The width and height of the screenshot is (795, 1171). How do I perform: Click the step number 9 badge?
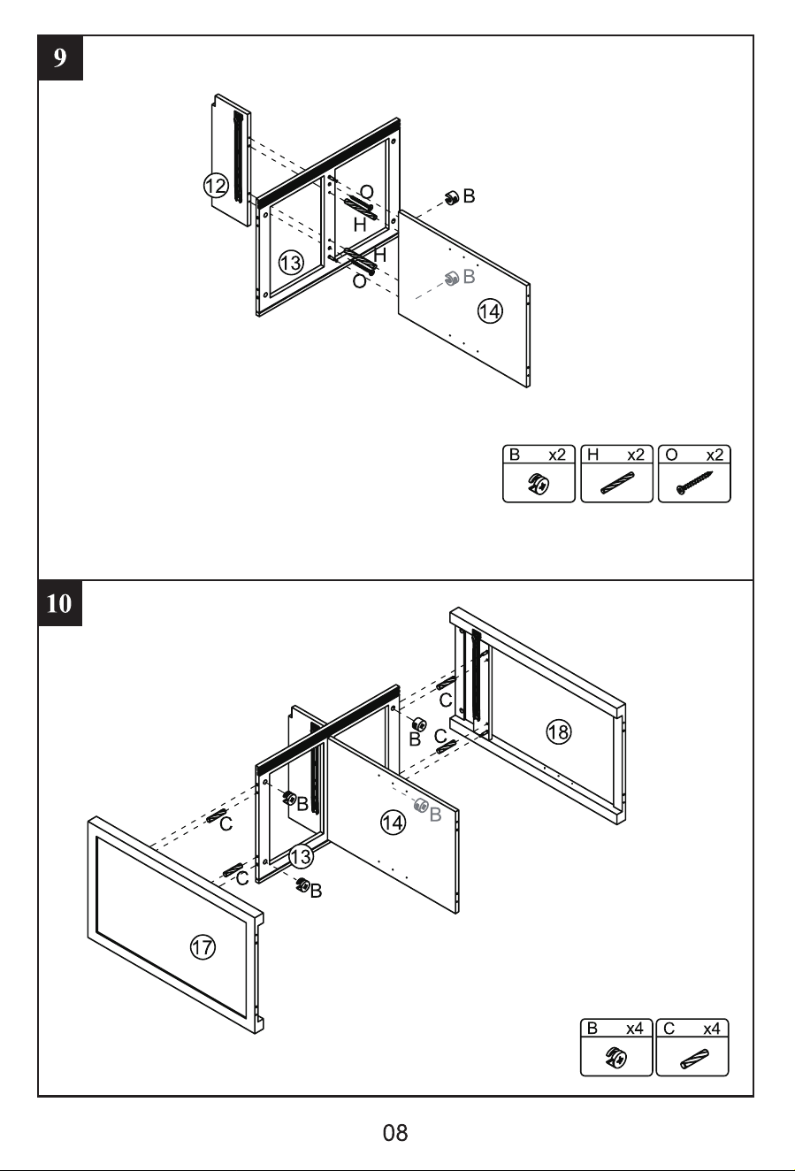[60, 57]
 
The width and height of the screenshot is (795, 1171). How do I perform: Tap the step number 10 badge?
[59, 603]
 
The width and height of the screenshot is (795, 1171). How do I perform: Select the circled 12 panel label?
[216, 186]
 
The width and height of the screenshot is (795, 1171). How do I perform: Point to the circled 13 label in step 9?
[291, 262]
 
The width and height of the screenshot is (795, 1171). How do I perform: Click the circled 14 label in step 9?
[490, 311]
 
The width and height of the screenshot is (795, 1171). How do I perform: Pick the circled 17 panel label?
[203, 946]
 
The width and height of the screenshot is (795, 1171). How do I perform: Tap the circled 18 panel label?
[559, 731]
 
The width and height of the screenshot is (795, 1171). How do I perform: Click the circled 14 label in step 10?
[393, 823]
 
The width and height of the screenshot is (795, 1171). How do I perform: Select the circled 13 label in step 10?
[301, 856]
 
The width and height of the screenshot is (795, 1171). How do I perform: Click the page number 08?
[395, 1133]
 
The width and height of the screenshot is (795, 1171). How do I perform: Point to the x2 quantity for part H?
[636, 455]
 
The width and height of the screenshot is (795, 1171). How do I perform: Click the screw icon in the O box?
[695, 483]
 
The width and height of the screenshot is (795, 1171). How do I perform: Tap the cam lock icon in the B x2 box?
[539, 484]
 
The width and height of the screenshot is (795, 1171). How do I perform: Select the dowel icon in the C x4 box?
[695, 1060]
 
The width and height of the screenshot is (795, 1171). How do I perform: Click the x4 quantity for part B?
[635, 1029]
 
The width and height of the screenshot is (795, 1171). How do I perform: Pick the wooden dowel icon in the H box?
[617, 483]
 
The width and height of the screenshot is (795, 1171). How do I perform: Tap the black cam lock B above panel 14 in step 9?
[452, 198]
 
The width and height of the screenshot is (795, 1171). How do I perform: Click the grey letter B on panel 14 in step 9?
[469, 277]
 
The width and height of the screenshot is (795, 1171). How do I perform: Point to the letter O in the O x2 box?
[671, 455]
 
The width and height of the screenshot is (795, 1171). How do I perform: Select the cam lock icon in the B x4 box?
[616, 1059]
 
